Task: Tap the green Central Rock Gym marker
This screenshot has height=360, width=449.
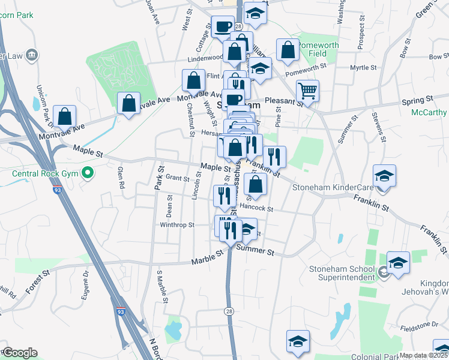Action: [88, 175]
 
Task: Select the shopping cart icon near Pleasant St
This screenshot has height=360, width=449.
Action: [307, 92]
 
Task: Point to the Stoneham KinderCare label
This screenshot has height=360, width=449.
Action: [333, 187]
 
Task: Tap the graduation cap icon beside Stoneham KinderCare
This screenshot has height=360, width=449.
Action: [384, 176]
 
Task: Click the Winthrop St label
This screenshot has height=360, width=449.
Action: [177, 225]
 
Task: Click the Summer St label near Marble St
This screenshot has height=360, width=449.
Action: [255, 251]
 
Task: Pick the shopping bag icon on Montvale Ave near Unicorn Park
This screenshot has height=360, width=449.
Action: [65, 116]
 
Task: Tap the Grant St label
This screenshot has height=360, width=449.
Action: [178, 178]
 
